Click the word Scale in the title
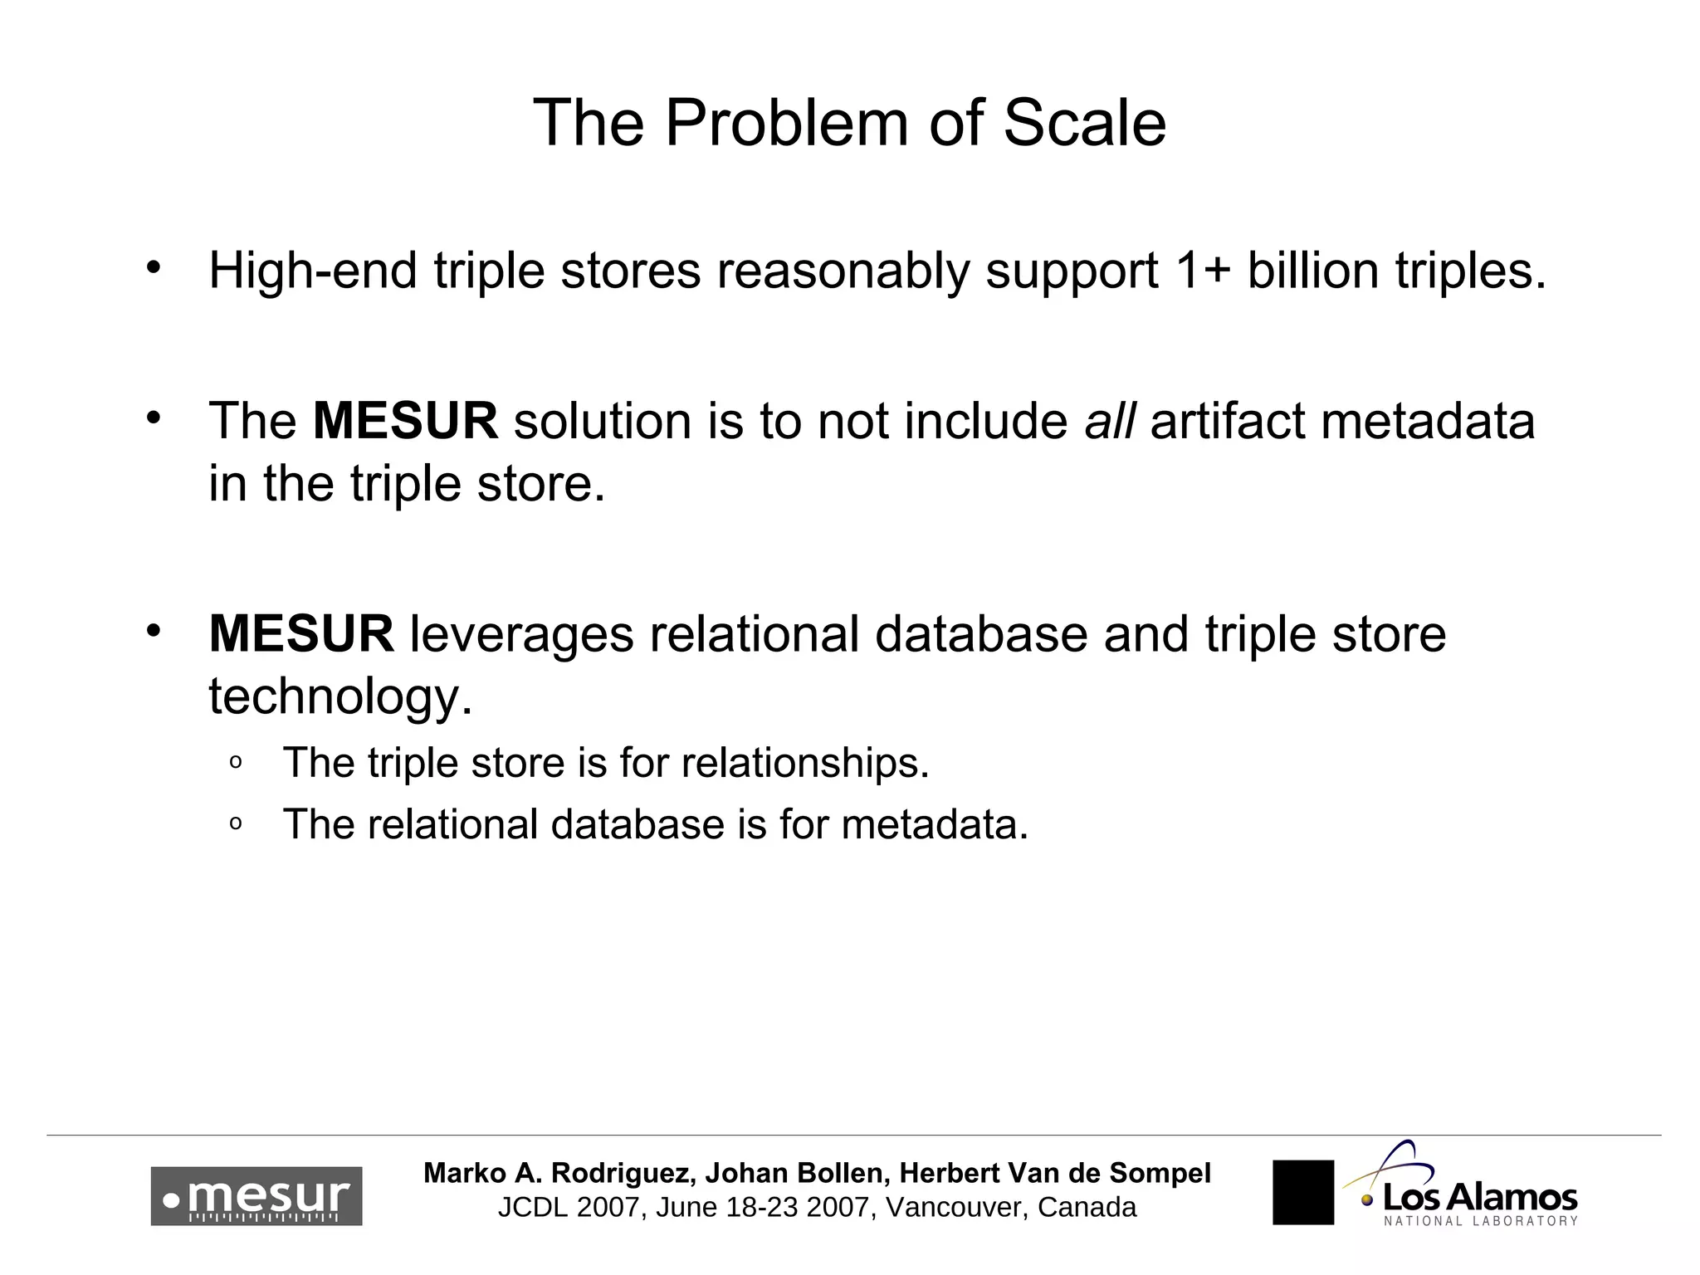[x=1084, y=123]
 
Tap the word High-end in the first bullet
[x=312, y=271]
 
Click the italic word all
[x=1109, y=421]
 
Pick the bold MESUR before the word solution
[x=405, y=421]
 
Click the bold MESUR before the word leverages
[x=301, y=634]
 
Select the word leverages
[x=521, y=634]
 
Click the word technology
[x=340, y=696]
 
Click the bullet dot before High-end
[x=152, y=268]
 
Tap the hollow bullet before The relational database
[x=235, y=824]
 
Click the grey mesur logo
[x=256, y=1196]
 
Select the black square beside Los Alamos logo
[x=1302, y=1192]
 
